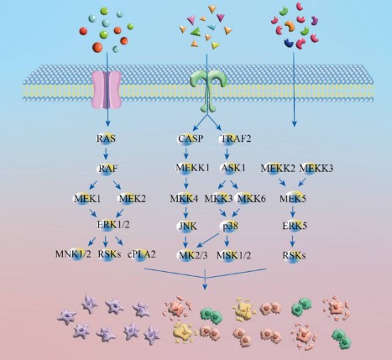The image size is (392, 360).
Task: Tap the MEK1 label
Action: [87, 197]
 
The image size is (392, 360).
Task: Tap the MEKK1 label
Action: [191, 168]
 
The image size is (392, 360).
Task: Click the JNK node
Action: [186, 226]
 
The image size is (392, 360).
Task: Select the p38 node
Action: [230, 226]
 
